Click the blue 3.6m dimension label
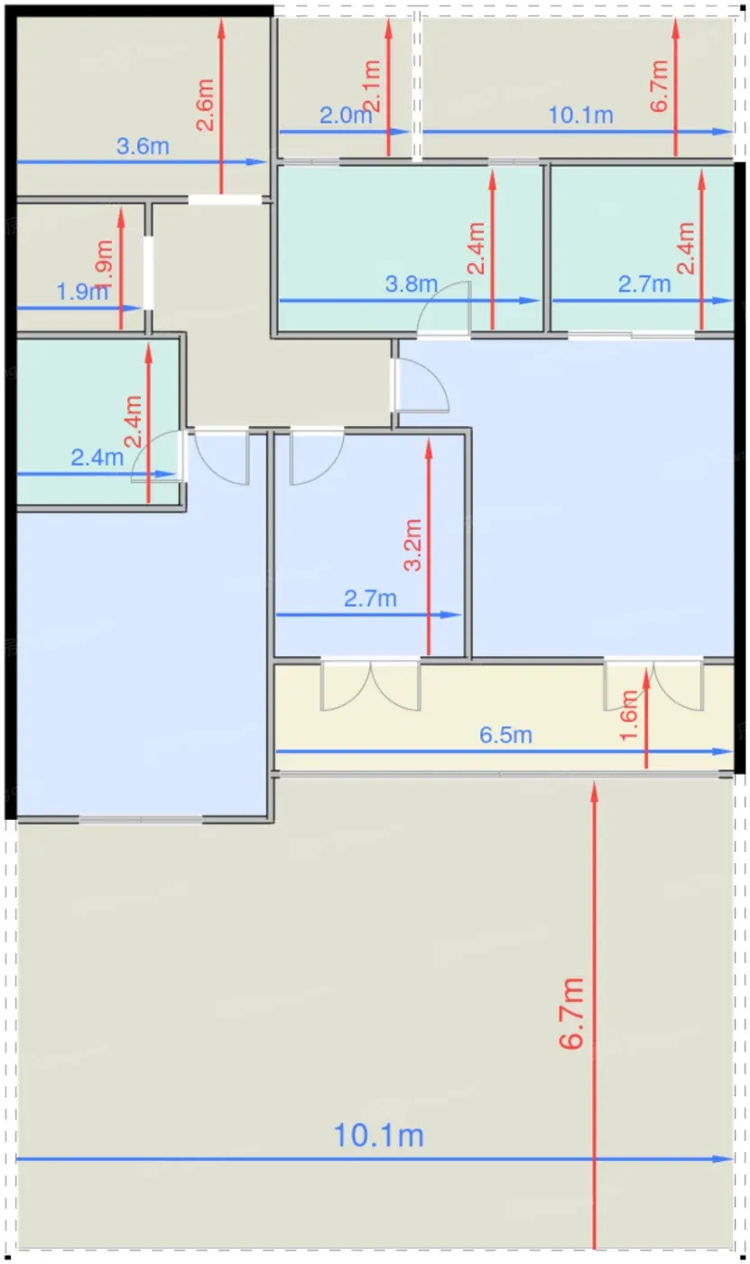(x=143, y=146)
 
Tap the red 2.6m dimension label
(x=205, y=105)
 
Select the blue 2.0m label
(x=346, y=116)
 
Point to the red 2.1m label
(x=371, y=86)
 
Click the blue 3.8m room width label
(x=412, y=283)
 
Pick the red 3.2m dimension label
(x=413, y=545)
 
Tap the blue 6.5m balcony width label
(x=505, y=735)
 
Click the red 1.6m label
(x=629, y=715)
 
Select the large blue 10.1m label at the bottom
(x=379, y=1136)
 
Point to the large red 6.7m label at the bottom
(x=572, y=1013)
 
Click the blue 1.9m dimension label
(x=82, y=292)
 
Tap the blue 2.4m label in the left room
(x=97, y=458)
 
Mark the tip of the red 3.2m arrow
(x=429, y=438)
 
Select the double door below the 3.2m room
(x=371, y=684)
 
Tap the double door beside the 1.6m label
(x=654, y=684)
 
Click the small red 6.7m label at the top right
(x=659, y=86)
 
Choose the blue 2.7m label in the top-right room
(x=644, y=283)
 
